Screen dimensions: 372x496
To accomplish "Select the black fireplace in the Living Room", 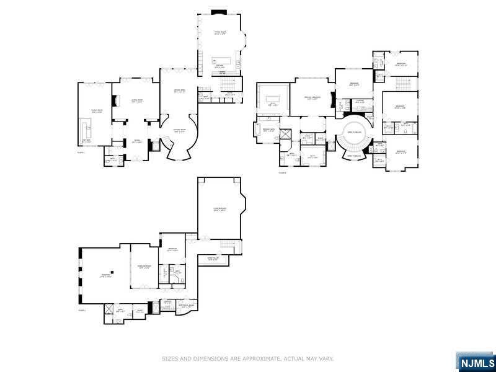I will [114, 101].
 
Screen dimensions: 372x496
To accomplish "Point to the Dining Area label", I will [179, 92].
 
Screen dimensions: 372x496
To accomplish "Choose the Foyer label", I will [128, 142].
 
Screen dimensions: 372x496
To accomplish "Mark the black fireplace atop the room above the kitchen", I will [218, 11].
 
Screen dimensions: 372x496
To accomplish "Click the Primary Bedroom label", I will [312, 98].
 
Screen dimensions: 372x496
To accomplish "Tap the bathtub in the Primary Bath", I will [257, 130].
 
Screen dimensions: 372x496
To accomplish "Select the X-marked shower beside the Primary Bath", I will [286, 135].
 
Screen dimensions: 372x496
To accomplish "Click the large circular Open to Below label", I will [355, 132].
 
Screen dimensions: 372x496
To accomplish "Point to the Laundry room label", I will [360, 102].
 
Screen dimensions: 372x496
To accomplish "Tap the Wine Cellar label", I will [212, 259].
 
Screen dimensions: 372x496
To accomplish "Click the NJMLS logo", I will [476, 362].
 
